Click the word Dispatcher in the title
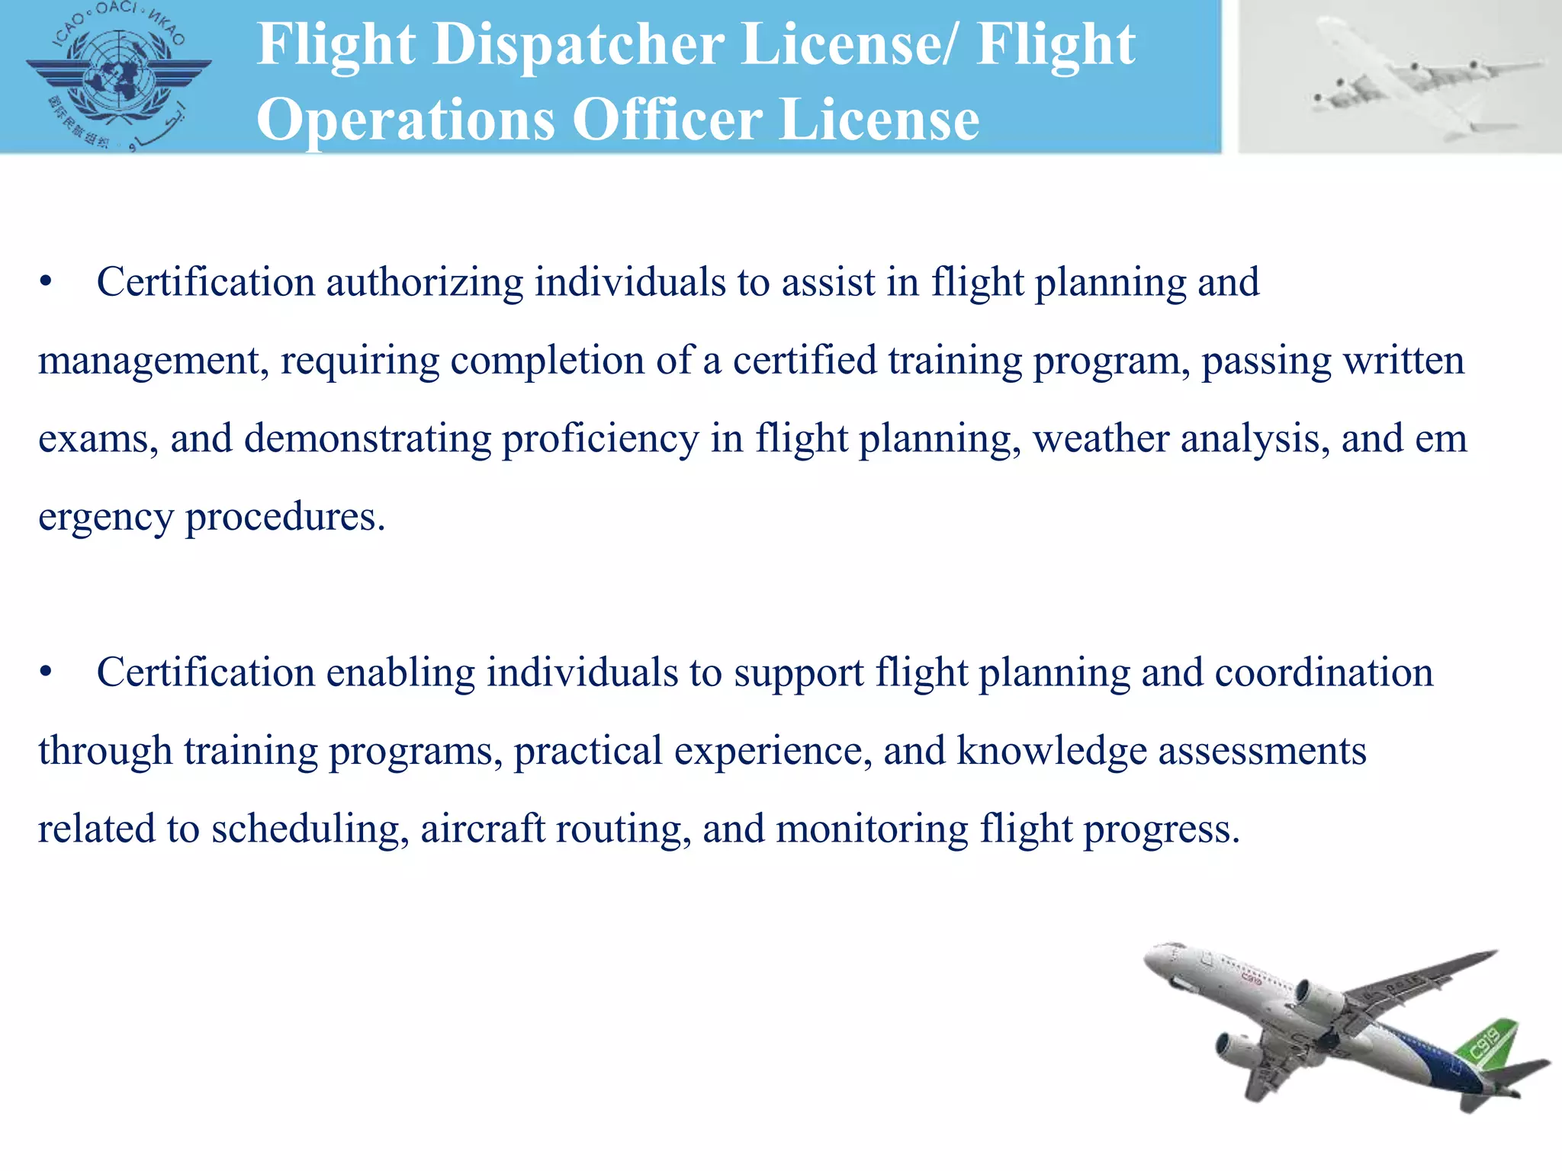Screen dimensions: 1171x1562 coord(579,44)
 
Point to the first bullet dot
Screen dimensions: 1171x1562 coord(47,282)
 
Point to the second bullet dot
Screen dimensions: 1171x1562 coord(47,672)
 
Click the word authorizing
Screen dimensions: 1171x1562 coord(424,282)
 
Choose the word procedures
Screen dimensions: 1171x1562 coord(285,518)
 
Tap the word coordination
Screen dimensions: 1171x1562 coord(1323,672)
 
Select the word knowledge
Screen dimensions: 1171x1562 coord(1052,751)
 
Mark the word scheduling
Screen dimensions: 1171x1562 coord(306,829)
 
